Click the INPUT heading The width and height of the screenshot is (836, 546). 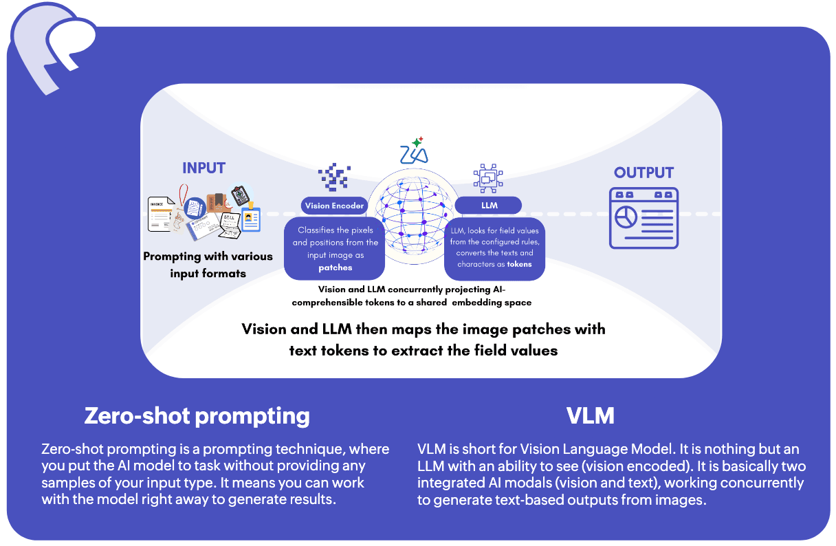tap(203, 168)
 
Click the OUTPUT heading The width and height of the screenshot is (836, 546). tap(643, 173)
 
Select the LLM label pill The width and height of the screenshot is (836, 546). tap(489, 205)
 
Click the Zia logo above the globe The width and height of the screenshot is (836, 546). tap(414, 151)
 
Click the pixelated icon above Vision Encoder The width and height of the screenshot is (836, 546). tap(334, 177)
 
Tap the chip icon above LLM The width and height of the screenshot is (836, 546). tap(489, 177)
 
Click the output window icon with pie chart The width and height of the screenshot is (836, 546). tap(644, 218)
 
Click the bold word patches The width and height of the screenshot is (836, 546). tap(335, 267)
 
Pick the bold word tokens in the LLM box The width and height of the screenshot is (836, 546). tap(519, 264)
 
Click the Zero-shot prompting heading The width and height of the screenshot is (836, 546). tap(197, 416)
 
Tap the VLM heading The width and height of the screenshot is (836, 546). tap(590, 416)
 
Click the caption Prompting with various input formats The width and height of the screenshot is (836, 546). tap(208, 265)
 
